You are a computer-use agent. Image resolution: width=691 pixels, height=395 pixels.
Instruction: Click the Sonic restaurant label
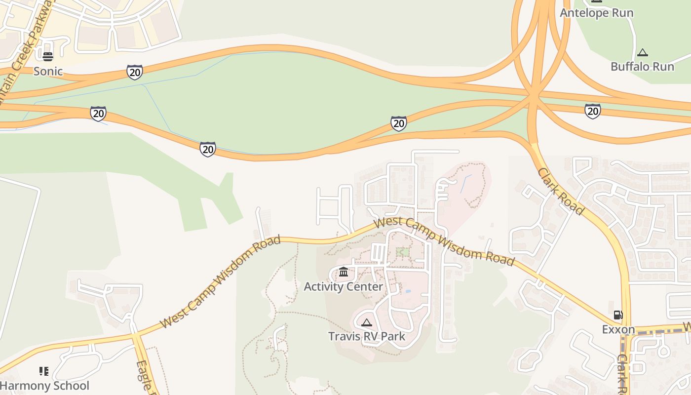pyautogui.click(x=48, y=71)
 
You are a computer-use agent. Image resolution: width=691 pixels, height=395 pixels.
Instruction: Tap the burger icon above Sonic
pyautogui.click(x=48, y=56)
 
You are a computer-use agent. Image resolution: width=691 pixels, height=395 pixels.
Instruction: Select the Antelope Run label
pyautogui.click(x=596, y=13)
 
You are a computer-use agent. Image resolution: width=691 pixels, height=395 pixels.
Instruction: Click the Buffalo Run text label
pyautogui.click(x=642, y=66)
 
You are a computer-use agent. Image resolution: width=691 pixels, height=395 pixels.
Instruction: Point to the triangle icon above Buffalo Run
pyautogui.click(x=642, y=52)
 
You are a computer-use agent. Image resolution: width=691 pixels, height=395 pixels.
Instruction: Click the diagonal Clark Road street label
pyautogui.click(x=561, y=191)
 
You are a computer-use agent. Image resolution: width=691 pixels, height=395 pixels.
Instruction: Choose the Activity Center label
pyautogui.click(x=343, y=286)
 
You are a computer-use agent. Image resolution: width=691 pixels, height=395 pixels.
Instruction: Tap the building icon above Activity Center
pyautogui.click(x=344, y=272)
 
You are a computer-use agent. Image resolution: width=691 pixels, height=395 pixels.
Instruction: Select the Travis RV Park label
pyautogui.click(x=367, y=336)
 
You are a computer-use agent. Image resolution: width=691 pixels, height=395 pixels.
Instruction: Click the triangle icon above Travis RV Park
pyautogui.click(x=366, y=323)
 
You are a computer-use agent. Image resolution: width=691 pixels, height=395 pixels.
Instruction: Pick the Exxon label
pyautogui.click(x=618, y=329)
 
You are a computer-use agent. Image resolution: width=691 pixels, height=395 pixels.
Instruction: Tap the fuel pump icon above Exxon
pyautogui.click(x=618, y=315)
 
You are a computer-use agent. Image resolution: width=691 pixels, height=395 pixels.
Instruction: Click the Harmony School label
pyautogui.click(x=44, y=386)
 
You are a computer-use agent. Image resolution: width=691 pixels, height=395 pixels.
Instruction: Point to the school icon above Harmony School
pyautogui.click(x=44, y=371)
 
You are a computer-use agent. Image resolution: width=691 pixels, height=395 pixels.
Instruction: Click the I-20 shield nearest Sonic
pyautogui.click(x=134, y=72)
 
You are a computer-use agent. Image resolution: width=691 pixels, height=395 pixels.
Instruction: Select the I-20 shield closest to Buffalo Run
pyautogui.click(x=593, y=111)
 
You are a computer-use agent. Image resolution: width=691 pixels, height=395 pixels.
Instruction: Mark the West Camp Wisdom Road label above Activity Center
pyautogui.click(x=444, y=241)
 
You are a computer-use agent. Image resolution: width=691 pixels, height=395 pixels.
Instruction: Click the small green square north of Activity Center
pyautogui.click(x=402, y=252)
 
